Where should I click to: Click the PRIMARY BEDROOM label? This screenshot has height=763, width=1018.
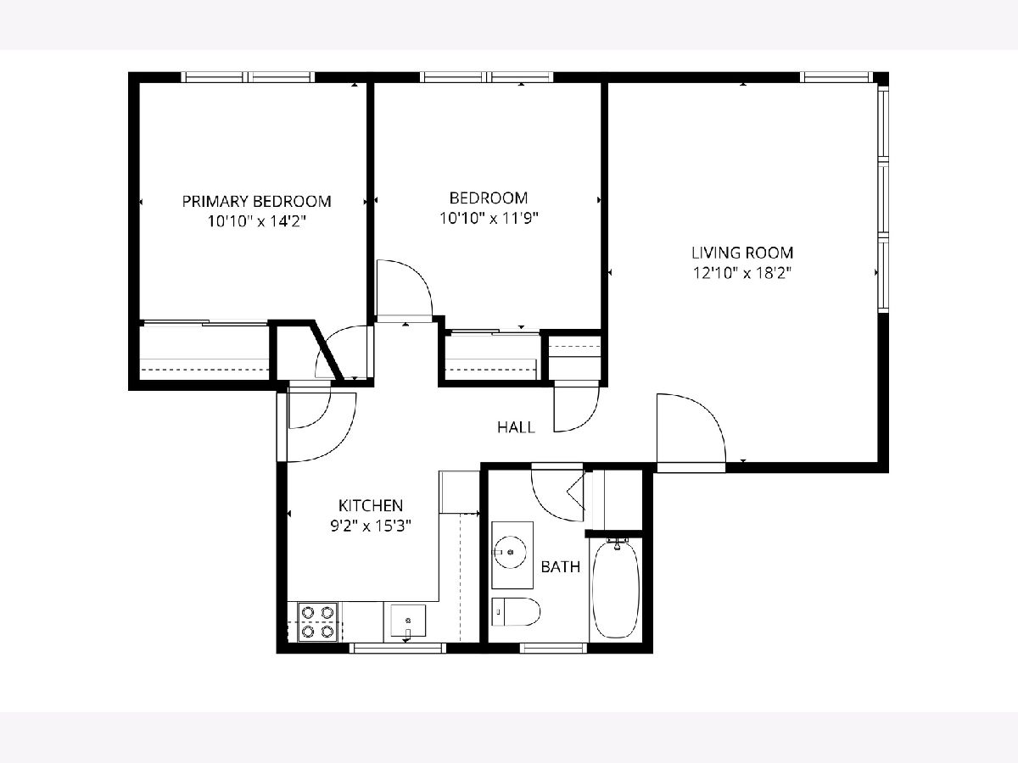[x=256, y=202]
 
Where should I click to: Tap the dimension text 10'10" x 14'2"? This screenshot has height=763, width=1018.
[x=256, y=221]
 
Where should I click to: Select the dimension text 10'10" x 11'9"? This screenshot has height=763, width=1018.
[x=489, y=218]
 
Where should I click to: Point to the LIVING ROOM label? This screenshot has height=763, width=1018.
[x=742, y=253]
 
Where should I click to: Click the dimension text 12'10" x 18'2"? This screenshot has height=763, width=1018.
[x=742, y=273]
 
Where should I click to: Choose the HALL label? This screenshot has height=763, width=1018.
[x=516, y=427]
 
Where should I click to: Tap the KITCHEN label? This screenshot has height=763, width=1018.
[x=371, y=505]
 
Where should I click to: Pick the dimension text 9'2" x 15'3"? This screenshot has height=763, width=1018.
[x=371, y=526]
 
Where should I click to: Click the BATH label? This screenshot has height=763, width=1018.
[x=560, y=567]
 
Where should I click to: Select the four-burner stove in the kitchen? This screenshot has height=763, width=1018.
[x=317, y=621]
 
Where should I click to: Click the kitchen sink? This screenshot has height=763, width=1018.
[x=408, y=621]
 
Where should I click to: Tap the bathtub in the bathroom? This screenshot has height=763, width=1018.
[x=616, y=589]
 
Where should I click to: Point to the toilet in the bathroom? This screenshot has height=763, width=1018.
[x=516, y=611]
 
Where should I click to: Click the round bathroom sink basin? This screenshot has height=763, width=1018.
[x=510, y=552]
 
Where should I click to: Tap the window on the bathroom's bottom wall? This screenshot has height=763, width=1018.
[x=554, y=648]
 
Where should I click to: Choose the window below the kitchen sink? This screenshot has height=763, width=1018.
[x=397, y=648]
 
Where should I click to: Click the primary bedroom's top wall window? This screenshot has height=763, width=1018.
[x=248, y=77]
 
